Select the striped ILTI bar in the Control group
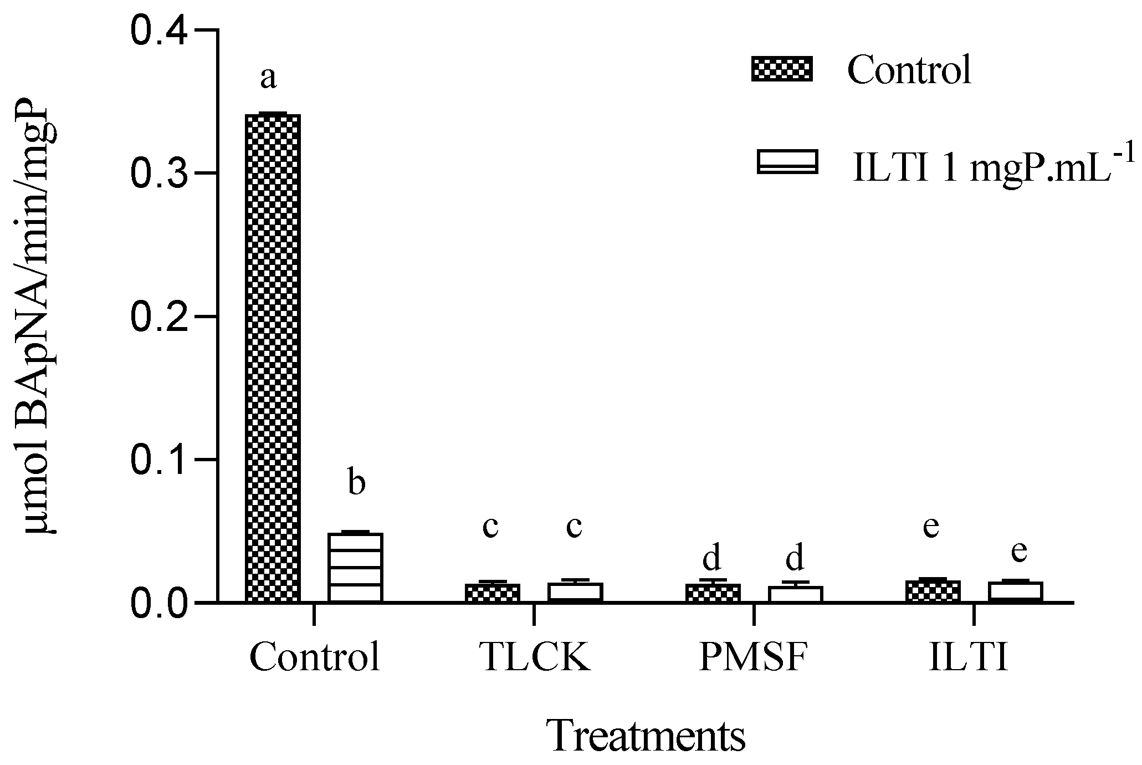(355, 567)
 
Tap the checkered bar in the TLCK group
(493, 592)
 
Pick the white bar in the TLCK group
(575, 591)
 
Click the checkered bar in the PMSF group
(713, 592)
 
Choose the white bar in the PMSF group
(795, 593)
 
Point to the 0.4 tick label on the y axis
(161, 32)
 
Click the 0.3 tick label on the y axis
(161, 174)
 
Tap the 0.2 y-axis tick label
(161, 317)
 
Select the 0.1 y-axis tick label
(161, 460)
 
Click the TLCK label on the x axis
(534, 658)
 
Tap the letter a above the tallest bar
(268, 78)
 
